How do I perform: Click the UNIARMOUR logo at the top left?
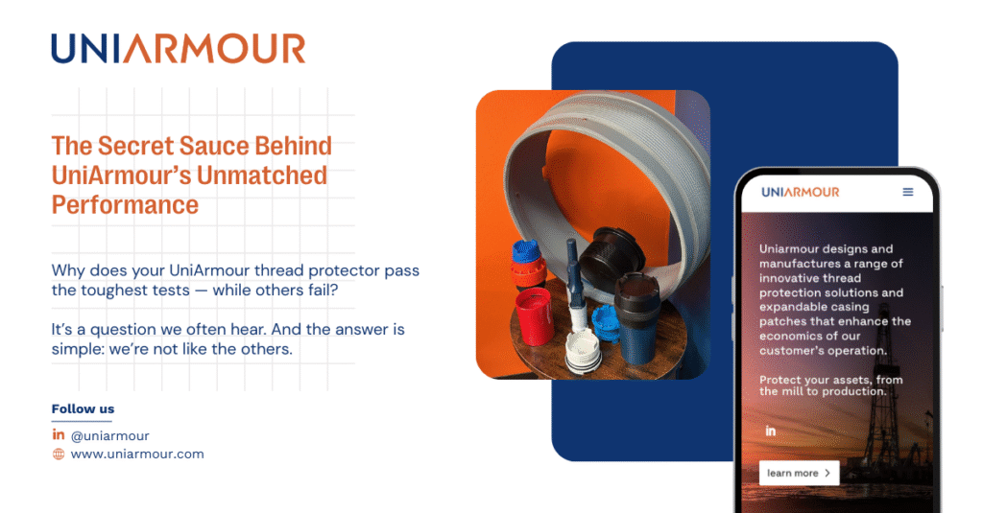(178, 49)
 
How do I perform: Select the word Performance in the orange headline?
(125, 205)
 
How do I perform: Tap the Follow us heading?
(83, 409)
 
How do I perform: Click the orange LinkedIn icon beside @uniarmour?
(59, 434)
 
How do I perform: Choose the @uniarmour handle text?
(109, 436)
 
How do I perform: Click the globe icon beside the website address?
(59, 455)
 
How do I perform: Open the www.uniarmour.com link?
(137, 455)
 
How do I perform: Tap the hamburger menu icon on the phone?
(908, 192)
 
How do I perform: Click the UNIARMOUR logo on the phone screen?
(800, 193)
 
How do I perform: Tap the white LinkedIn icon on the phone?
(771, 431)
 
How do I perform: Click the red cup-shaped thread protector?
(535, 316)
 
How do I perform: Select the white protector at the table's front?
(583, 353)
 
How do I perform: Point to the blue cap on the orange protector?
(527, 251)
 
